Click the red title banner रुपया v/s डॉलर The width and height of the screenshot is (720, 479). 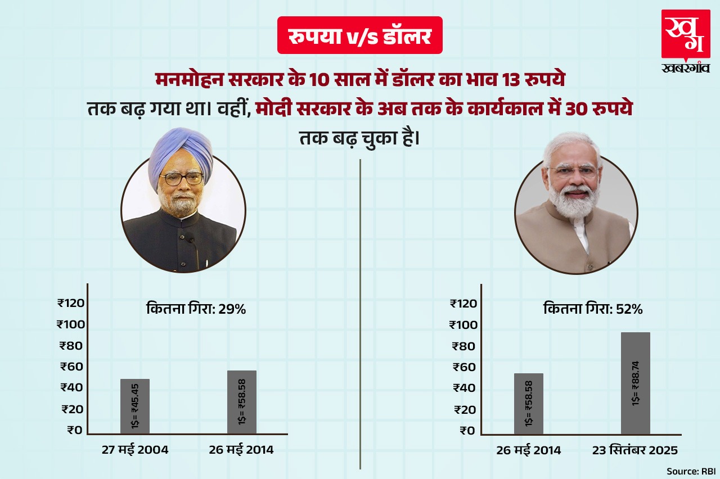360,36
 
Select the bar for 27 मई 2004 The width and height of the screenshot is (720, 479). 135,406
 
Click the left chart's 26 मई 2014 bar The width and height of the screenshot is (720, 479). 242,401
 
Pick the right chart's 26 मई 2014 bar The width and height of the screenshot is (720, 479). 528,403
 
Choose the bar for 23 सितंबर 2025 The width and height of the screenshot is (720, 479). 635,383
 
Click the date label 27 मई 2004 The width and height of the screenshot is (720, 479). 135,450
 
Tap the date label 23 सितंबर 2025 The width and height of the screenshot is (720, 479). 636,450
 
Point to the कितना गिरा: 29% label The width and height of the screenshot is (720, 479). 196,309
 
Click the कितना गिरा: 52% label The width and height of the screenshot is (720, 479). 593,309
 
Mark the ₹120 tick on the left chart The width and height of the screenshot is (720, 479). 71,304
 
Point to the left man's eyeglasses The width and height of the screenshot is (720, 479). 181,179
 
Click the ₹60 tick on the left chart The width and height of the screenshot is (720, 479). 72,367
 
